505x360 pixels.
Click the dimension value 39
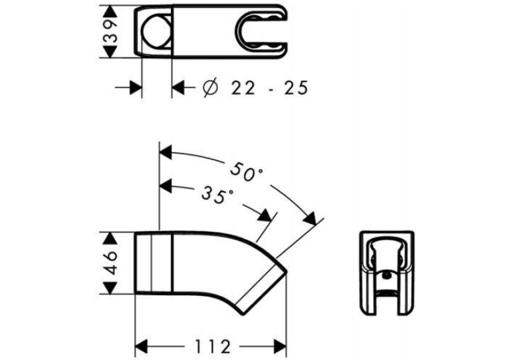click(x=110, y=32)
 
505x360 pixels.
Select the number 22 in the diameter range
click(x=243, y=88)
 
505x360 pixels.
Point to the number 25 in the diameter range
click(x=296, y=88)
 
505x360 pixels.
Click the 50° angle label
click(x=246, y=172)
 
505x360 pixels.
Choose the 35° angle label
click(x=217, y=195)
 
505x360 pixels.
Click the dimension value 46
click(x=110, y=263)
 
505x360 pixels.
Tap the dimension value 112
click(x=213, y=347)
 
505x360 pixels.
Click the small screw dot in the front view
click(x=386, y=275)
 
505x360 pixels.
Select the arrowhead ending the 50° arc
click(x=310, y=219)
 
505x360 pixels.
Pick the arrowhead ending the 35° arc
click(x=265, y=215)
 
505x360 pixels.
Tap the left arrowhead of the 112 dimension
click(x=141, y=347)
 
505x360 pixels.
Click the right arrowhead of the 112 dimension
click(x=280, y=347)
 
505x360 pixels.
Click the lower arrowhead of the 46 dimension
click(x=110, y=287)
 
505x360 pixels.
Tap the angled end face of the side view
click(x=261, y=288)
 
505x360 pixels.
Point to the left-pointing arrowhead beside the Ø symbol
click(x=178, y=87)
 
